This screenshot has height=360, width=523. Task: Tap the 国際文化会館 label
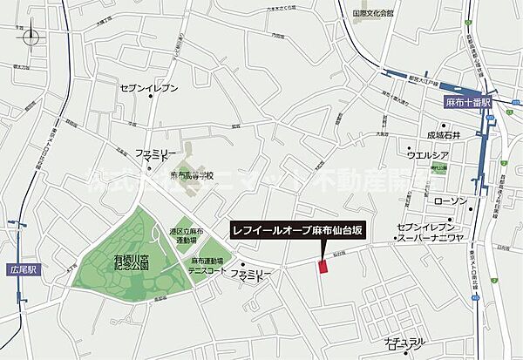pos(373,13)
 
